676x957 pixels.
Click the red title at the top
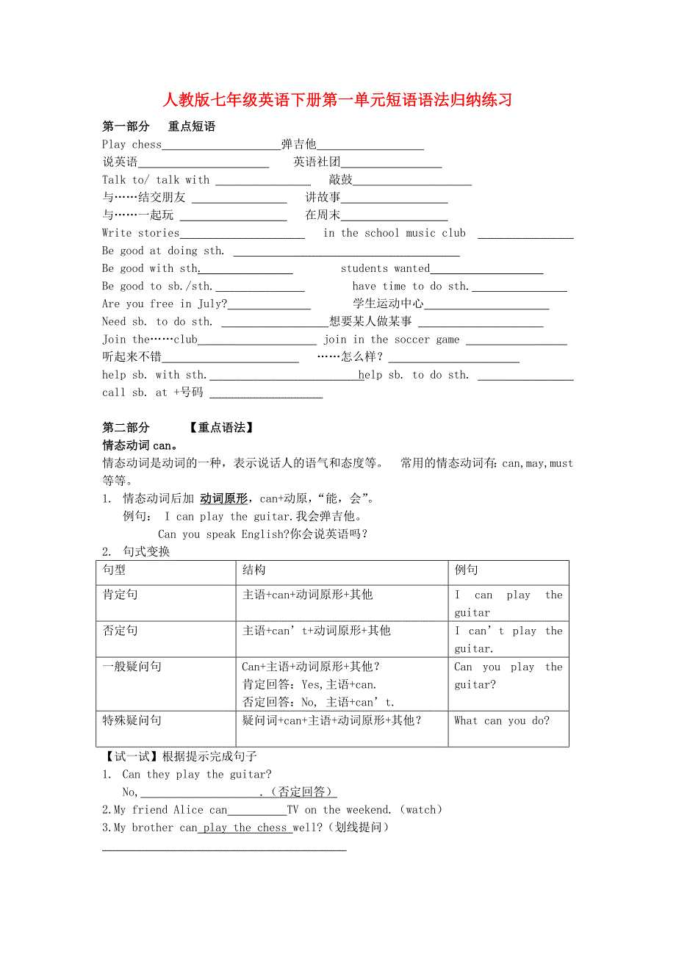[337, 100]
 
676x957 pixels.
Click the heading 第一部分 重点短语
[159, 126]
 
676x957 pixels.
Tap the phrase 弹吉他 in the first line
[298, 144]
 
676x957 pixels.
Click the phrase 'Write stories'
[140, 233]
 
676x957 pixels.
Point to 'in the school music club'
[395, 233]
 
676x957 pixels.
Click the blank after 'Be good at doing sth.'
[345, 252]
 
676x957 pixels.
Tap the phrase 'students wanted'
[385, 268]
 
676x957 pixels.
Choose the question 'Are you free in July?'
[165, 304]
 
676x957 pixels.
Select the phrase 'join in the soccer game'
[391, 340]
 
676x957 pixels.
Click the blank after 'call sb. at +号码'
[266, 394]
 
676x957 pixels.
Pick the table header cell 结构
[254, 570]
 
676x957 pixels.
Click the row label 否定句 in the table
[120, 631]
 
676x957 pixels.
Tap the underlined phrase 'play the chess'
[245, 828]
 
